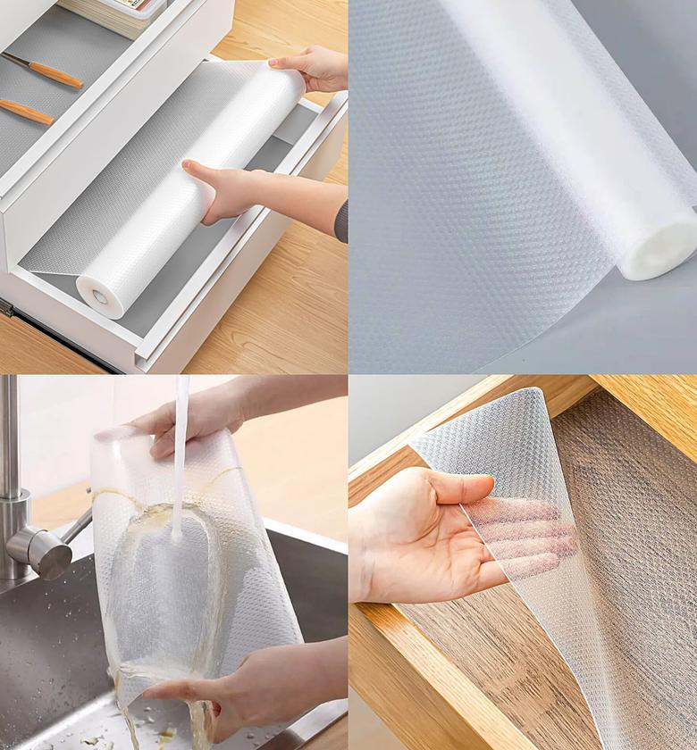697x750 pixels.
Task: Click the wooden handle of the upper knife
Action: tap(55, 75)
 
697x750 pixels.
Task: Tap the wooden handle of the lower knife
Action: tap(27, 112)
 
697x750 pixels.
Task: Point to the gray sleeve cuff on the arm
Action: tap(342, 221)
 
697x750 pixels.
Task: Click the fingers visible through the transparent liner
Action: tap(527, 536)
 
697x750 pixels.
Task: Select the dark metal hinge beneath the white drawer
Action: tap(7, 309)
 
